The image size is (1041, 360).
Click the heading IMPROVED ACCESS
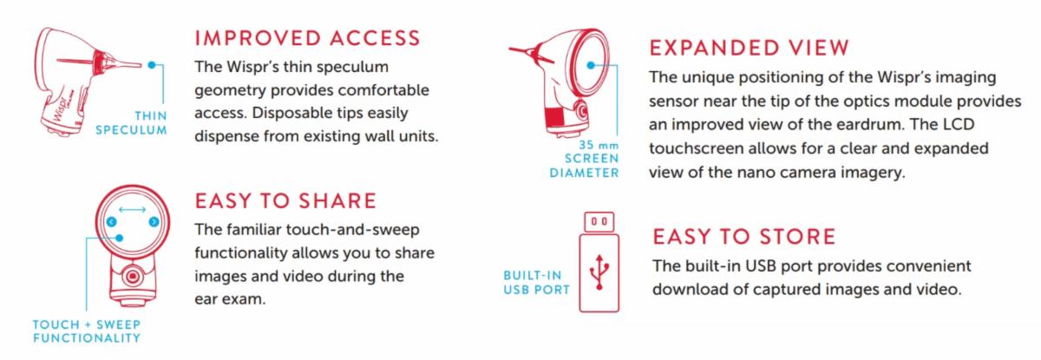(307, 38)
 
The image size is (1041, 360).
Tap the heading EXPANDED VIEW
(749, 48)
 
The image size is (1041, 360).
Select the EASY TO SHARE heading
(285, 201)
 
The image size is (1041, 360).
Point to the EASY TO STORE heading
(743, 237)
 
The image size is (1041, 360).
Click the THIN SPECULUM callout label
(132, 122)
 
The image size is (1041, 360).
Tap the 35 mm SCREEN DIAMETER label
(584, 159)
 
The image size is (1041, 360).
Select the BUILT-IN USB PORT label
(536, 283)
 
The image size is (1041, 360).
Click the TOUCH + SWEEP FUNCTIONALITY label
(87, 331)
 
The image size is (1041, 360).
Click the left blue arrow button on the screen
(112, 222)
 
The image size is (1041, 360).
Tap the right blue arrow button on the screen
(154, 222)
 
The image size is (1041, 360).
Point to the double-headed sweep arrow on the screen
(133, 210)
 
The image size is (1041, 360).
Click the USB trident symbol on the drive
(599, 272)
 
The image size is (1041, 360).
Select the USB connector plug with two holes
(599, 222)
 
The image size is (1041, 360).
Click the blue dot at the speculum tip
(152, 65)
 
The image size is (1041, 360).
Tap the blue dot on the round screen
(591, 66)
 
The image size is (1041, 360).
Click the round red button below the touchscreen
(133, 277)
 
